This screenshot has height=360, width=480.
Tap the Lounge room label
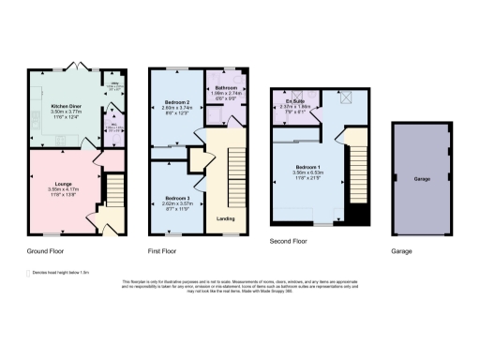click(x=64, y=185)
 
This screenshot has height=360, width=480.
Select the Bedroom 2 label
click(x=177, y=101)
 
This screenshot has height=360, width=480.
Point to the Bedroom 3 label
click(x=177, y=199)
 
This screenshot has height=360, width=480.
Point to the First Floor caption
click(x=166, y=252)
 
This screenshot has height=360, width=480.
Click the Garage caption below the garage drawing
click(x=402, y=252)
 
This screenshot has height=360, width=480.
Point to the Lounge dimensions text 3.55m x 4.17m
click(x=64, y=190)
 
